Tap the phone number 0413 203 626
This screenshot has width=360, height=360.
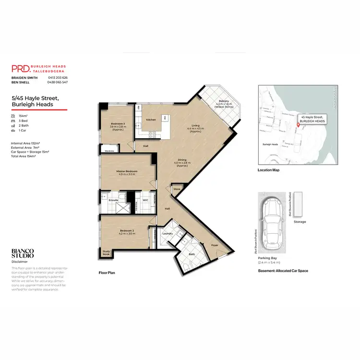pos(58,78)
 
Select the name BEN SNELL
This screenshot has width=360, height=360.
pos(21,83)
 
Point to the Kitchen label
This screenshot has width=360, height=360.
pos(151,120)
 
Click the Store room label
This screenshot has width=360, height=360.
pos(177,190)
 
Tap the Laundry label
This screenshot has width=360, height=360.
pos(168,233)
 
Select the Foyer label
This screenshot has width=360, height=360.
pos(215,245)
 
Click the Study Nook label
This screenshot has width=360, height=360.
pos(106,253)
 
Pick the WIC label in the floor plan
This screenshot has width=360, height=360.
pos(145,200)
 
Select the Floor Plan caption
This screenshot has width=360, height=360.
pos(107,273)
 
